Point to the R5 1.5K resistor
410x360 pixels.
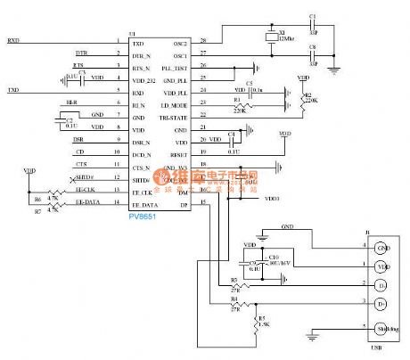pos(258,318)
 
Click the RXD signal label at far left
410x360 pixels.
pos(13,41)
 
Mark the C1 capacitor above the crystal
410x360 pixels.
pos(312,24)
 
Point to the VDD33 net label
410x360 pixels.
pos(272,200)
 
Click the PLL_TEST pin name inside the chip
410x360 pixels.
pos(175,67)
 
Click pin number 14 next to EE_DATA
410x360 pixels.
pos(117,204)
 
